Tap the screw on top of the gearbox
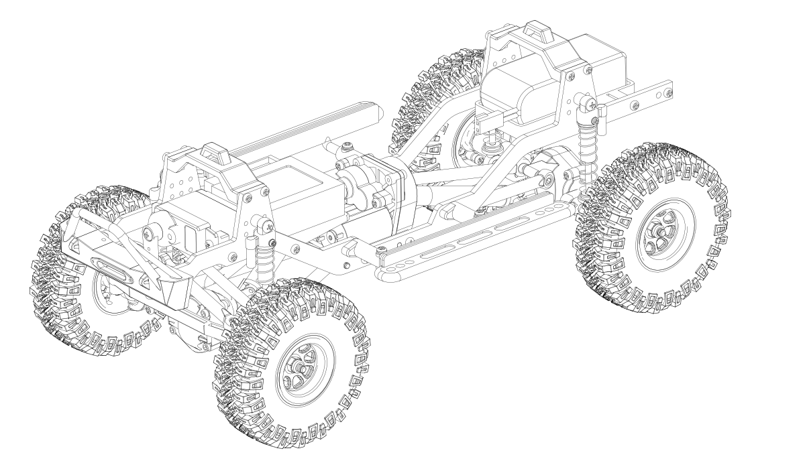347,147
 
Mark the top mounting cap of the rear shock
588,104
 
